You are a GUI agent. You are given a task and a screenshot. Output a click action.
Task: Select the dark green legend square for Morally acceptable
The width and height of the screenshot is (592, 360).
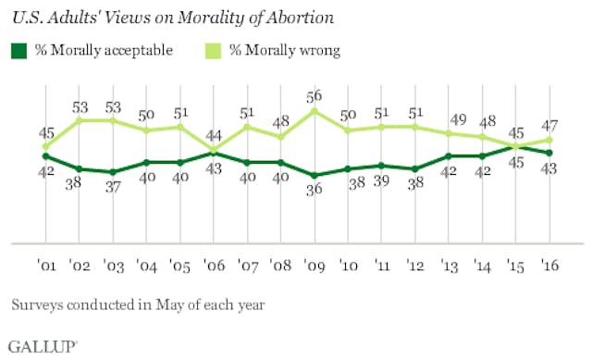tap(18, 49)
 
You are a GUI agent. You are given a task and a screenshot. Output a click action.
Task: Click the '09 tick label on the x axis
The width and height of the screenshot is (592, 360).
tap(314, 262)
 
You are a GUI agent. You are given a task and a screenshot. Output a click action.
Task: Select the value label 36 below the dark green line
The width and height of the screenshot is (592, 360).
tap(314, 192)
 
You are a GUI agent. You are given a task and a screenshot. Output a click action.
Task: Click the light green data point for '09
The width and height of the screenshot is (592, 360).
tap(314, 110)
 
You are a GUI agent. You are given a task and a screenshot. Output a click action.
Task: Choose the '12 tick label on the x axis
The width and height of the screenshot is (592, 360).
tap(416, 262)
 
